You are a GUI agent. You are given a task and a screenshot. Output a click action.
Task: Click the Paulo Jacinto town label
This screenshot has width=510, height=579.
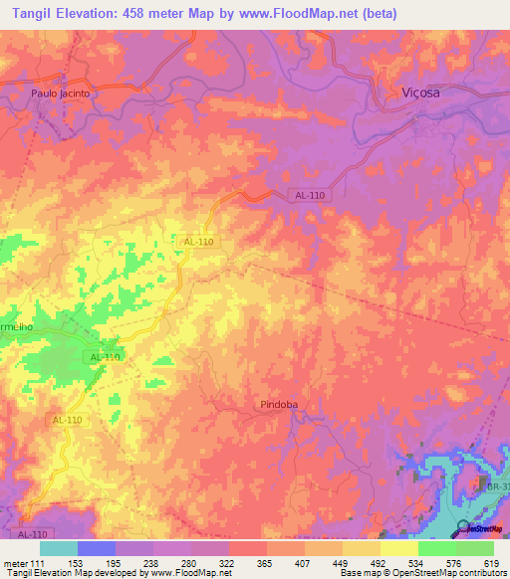(x=61, y=93)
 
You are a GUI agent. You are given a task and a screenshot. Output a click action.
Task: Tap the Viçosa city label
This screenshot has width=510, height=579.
(x=419, y=92)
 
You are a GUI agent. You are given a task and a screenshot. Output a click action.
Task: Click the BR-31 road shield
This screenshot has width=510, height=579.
(x=498, y=486)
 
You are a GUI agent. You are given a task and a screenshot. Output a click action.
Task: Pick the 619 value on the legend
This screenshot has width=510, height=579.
(x=489, y=564)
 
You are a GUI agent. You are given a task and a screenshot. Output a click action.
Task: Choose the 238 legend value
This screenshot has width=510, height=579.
(x=152, y=564)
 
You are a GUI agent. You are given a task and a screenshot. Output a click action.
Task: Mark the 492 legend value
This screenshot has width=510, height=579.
(x=378, y=564)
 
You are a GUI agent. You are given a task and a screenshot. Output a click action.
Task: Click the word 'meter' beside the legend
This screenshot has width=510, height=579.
(x=15, y=564)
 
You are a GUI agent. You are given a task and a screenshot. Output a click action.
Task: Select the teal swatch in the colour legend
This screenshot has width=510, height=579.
(x=58, y=548)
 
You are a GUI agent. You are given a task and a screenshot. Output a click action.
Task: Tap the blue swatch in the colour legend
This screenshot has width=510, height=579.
(x=96, y=548)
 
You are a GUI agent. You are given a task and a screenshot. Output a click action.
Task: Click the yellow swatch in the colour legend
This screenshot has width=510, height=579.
(x=398, y=548)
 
